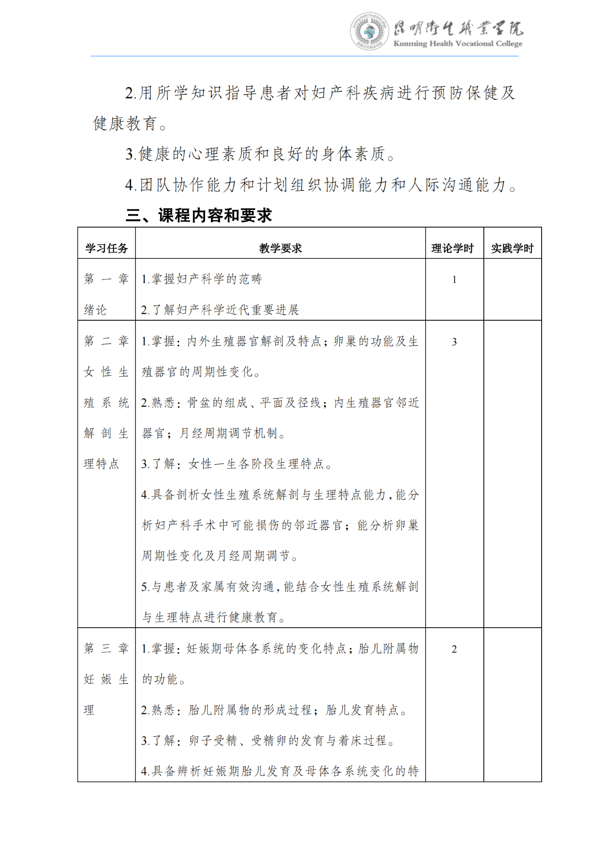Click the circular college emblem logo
[x=369, y=32]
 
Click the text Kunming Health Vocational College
[x=457, y=44]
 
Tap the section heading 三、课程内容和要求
[x=198, y=216]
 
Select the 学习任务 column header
[x=107, y=248]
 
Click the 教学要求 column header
[x=280, y=248]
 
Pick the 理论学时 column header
[x=452, y=248]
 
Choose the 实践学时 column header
[x=512, y=248]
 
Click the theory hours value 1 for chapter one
[x=454, y=280]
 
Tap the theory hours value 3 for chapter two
[x=454, y=342]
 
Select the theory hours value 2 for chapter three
[x=454, y=649]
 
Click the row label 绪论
[x=95, y=310]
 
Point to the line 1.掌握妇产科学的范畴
[x=201, y=279]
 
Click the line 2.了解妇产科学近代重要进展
[x=219, y=310]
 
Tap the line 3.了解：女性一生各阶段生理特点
[x=237, y=464]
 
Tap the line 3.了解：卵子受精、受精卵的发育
[x=268, y=741]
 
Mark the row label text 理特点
[x=101, y=464]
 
